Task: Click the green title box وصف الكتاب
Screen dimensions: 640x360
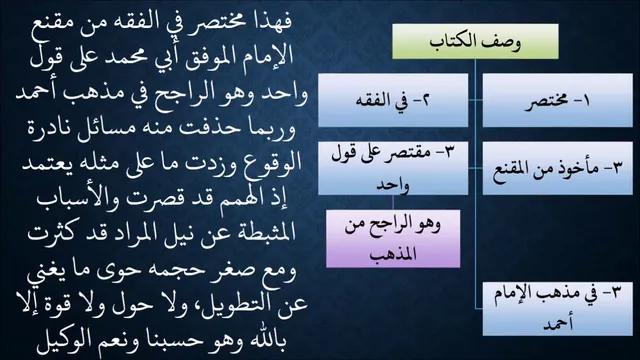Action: tap(475, 41)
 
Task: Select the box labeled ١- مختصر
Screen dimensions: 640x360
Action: tap(558, 100)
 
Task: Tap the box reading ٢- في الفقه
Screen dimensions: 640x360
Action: tap(393, 100)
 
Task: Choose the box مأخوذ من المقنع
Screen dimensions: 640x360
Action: tap(558, 168)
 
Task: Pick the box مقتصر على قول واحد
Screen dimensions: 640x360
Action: tap(393, 168)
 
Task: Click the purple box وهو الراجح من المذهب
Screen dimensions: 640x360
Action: tap(393, 239)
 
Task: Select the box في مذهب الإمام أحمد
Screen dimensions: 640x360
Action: tap(558, 309)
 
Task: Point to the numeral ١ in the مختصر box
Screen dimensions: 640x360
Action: tap(587, 101)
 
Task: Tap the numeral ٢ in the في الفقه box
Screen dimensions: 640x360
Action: tap(425, 100)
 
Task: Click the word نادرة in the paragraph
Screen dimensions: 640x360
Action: tap(51, 129)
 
